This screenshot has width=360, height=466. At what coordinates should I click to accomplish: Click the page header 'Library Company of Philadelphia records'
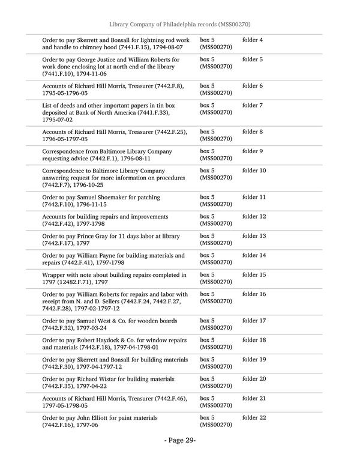click(179, 24)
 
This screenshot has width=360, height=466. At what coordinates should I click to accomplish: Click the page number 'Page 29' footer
click(180, 440)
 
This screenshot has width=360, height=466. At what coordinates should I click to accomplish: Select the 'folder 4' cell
click(252, 40)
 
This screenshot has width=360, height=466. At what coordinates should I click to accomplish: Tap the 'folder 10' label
click(254, 171)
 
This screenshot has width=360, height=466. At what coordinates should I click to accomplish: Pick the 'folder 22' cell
click(254, 417)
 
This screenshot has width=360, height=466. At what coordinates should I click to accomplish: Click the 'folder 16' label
click(254, 294)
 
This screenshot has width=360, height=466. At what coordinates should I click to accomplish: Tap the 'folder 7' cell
click(252, 105)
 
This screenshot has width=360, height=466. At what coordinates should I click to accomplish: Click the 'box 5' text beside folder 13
click(207, 236)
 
